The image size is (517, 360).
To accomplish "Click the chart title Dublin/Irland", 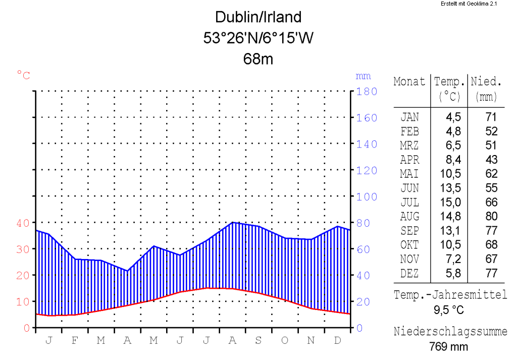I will point(258,17).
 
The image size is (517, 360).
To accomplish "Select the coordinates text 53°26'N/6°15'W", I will point(258,38).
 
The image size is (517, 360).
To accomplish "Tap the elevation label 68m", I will point(258,59).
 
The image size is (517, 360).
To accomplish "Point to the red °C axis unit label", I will point(24,76).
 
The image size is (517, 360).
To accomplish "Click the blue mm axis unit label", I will point(363,76).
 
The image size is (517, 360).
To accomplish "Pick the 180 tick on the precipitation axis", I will point(367,91).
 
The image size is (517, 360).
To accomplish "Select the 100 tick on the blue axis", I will point(367,196).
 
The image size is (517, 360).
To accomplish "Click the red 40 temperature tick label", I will point(24,223).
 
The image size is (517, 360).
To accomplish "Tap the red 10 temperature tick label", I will point(24,301).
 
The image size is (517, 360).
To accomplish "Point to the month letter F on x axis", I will point(75,340).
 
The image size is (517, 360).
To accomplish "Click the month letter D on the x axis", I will point(337,340).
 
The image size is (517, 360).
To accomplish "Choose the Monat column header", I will point(409,82).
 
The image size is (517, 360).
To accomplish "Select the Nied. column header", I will point(486,82).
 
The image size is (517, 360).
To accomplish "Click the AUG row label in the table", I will point(409,217).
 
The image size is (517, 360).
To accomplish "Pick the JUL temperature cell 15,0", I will point(453,202).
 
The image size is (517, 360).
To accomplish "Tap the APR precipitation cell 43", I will point(491,160).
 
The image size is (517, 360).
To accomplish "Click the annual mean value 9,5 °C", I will point(449,310).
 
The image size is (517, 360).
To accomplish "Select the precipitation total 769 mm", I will point(449,347).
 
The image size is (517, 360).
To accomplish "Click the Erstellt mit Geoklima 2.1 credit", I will point(469,4).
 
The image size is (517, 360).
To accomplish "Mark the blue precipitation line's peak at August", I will point(233,222).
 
